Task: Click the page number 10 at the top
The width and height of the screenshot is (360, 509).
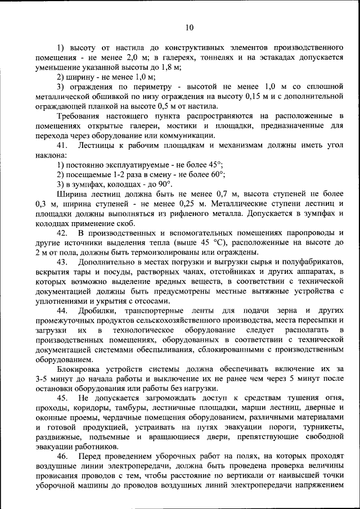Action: tap(189, 27)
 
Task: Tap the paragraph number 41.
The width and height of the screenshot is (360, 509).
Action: tap(64, 145)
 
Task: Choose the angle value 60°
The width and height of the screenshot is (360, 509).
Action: tap(213, 174)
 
